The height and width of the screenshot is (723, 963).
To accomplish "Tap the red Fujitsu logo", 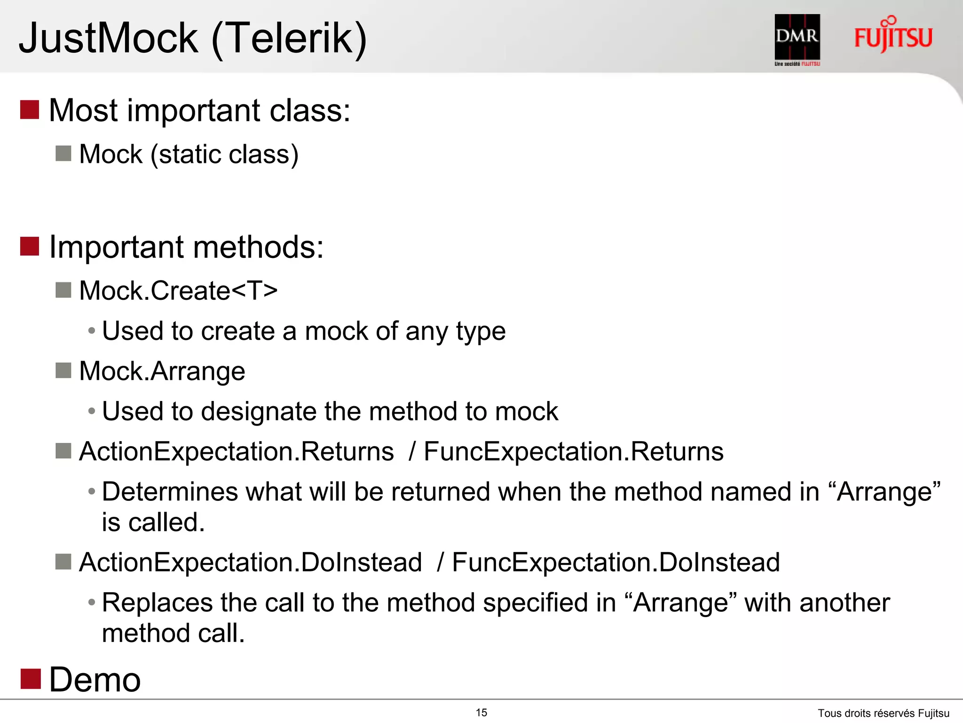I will (893, 36).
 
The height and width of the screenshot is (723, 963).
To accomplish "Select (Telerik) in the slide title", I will (289, 39).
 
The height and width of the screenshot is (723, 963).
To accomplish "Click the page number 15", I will (481, 713).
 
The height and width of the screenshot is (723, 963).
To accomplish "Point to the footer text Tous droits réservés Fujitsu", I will (884, 713).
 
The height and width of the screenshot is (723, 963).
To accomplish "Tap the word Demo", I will (95, 680).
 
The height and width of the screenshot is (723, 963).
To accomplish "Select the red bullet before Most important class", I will (30, 110).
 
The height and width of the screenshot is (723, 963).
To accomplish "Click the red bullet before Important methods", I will (30, 246).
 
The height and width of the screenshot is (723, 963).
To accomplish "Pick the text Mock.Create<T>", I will (178, 290).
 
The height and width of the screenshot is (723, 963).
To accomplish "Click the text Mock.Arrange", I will (162, 371).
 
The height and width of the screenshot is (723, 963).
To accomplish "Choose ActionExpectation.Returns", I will (237, 451).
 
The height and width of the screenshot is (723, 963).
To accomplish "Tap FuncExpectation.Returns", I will (574, 451).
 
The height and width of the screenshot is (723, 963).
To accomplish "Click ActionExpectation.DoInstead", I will (251, 562).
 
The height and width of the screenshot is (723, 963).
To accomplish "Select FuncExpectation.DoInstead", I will (616, 562).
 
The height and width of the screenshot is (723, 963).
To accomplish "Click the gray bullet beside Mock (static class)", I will (63, 153).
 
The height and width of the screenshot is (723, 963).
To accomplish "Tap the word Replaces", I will (158, 602).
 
